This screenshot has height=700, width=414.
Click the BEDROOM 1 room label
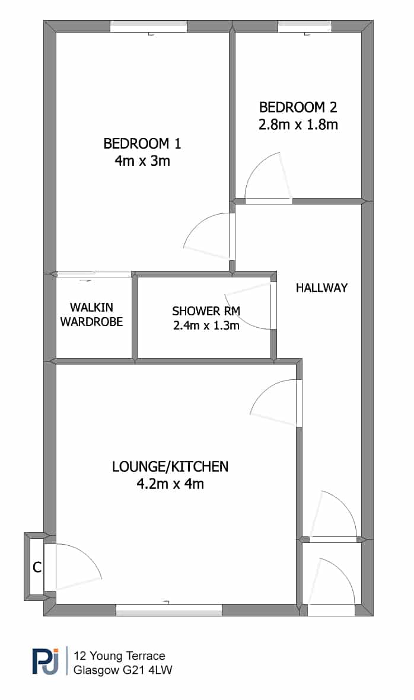(142, 144)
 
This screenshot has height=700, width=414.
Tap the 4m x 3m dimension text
(142, 161)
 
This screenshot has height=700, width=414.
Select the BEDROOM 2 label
(298, 107)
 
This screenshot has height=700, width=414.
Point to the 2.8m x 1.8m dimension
(298, 124)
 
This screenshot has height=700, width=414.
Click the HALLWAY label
(321, 288)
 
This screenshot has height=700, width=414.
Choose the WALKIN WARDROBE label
(91, 314)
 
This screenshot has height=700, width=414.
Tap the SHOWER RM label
(206, 311)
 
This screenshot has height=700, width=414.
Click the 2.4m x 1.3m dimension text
(206, 325)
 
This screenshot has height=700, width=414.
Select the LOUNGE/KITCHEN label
(170, 466)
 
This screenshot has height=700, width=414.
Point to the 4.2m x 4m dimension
(170, 484)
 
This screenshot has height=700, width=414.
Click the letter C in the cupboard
(37, 567)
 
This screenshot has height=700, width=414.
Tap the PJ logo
(45, 661)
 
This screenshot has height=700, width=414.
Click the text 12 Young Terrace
(120, 656)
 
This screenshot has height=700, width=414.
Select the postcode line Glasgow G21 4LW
(123, 670)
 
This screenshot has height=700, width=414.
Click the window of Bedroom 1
(149, 27)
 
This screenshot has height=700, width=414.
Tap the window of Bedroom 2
(305, 27)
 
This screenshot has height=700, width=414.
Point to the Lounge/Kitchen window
(169, 610)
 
